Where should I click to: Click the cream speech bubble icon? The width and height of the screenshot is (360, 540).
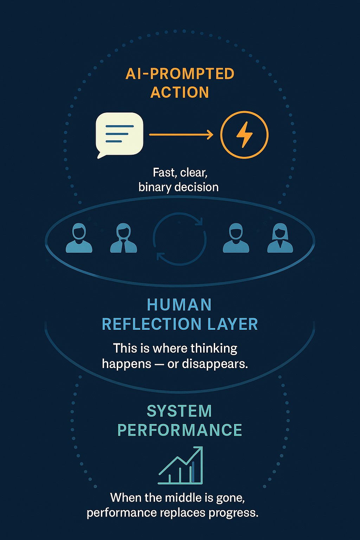coord(120,134)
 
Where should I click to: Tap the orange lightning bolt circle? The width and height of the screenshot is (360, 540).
coord(244,134)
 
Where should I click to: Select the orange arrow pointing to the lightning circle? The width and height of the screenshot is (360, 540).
coord(181,134)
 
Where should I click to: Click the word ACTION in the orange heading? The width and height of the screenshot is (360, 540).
coord(180,92)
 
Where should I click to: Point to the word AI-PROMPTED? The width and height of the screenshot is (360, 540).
coord(180,74)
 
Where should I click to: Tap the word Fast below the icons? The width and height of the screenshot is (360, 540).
coord(164,173)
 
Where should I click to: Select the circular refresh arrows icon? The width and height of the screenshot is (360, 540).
coord(180,239)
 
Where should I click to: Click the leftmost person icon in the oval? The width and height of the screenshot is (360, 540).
coord(79,239)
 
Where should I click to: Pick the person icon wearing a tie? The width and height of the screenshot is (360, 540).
coord(123,239)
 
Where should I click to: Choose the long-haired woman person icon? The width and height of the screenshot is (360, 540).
coord(280,239)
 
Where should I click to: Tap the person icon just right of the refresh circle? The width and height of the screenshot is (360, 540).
coord(236,239)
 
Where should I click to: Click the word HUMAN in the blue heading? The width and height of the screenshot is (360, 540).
coord(179,305)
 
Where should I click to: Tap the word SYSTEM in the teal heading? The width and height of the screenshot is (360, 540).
coord(179,411)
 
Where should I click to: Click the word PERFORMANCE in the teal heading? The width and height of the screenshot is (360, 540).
coord(180,430)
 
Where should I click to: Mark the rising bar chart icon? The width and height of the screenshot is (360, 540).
coord(181,465)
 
